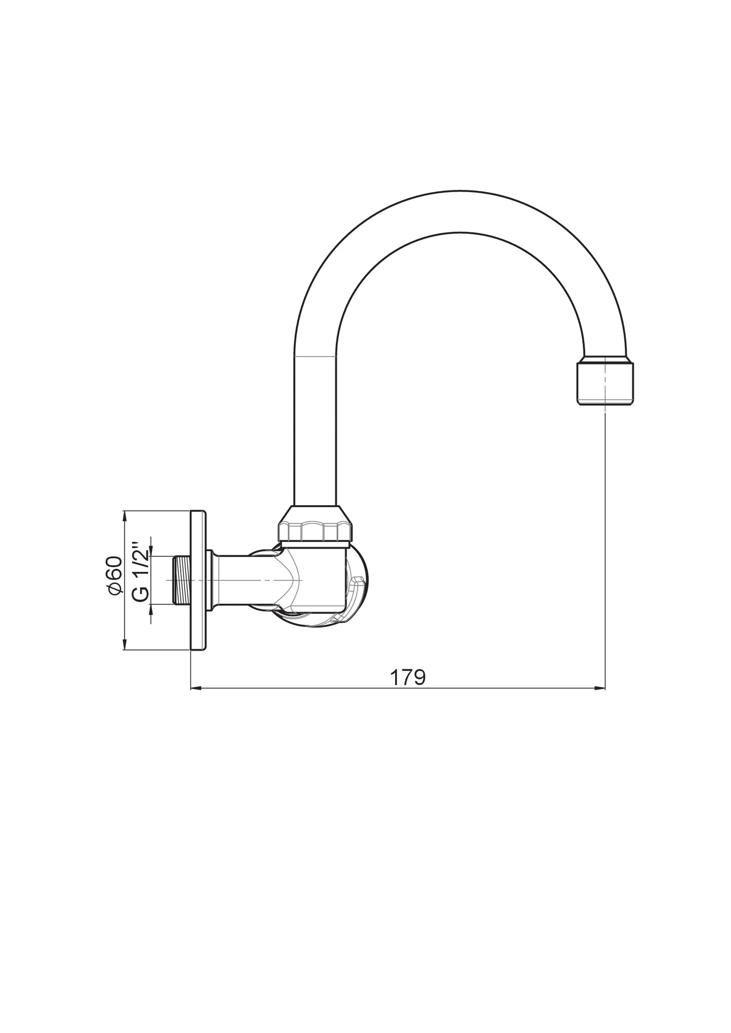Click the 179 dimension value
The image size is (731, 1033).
(407, 677)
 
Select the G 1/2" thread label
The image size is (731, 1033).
(141, 572)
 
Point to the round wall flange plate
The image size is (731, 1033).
(198, 580)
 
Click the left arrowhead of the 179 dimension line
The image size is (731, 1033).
(195, 688)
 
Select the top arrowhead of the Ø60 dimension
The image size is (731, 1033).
(125, 515)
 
